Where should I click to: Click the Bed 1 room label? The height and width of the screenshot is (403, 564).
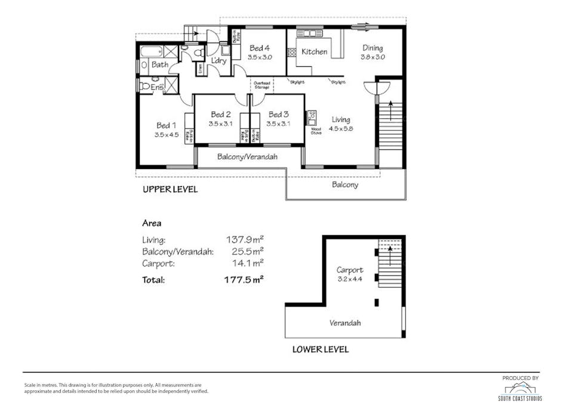tap(166, 125)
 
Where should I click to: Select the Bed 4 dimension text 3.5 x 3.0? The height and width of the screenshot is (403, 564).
tap(260, 57)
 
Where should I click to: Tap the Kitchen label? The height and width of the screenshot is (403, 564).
tap(314, 52)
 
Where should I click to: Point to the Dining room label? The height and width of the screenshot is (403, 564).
tap(372, 48)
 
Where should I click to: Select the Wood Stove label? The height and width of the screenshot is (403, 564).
tap(316, 131)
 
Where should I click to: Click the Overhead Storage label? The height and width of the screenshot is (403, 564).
tap(262, 85)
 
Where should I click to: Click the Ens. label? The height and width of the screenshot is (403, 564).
tap(157, 88)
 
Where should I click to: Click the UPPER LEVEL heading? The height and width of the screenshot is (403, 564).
tap(169, 190)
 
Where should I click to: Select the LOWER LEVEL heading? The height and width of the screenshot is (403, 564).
tap(320, 349)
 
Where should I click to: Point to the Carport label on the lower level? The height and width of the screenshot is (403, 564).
tap(349, 270)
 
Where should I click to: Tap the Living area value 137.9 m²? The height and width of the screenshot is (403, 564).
tap(245, 240)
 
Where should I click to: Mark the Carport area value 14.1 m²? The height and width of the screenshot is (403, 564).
tap(247, 262)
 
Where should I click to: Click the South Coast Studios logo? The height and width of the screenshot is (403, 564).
tap(520, 389)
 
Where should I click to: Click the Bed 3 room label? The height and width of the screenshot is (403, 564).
tap(278, 115)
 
